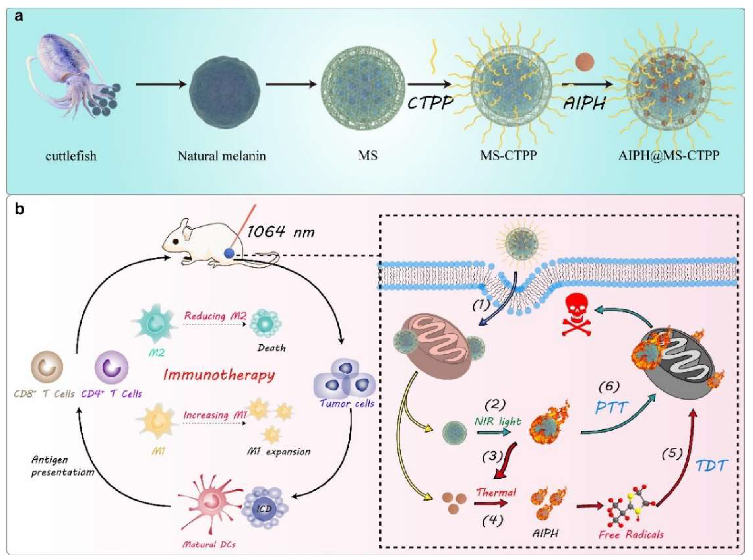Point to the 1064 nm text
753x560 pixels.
[x=281, y=232]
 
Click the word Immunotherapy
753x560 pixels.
[x=219, y=375]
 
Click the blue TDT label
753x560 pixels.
[x=712, y=466]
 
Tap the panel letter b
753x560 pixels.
[x=19, y=209]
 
